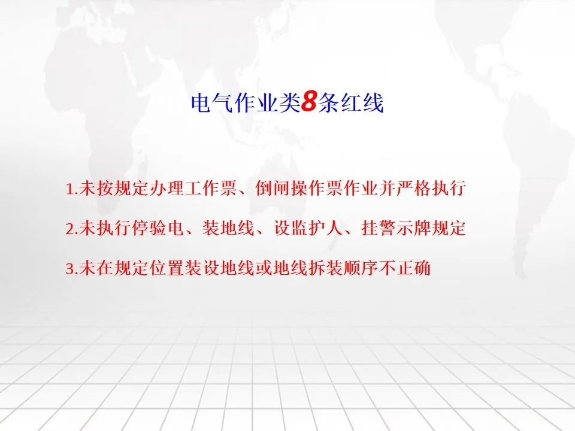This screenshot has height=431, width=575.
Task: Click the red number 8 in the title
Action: tap(308, 102)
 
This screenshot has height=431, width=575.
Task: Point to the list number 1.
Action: tap(69, 189)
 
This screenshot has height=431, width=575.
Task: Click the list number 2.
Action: tap(71, 229)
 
